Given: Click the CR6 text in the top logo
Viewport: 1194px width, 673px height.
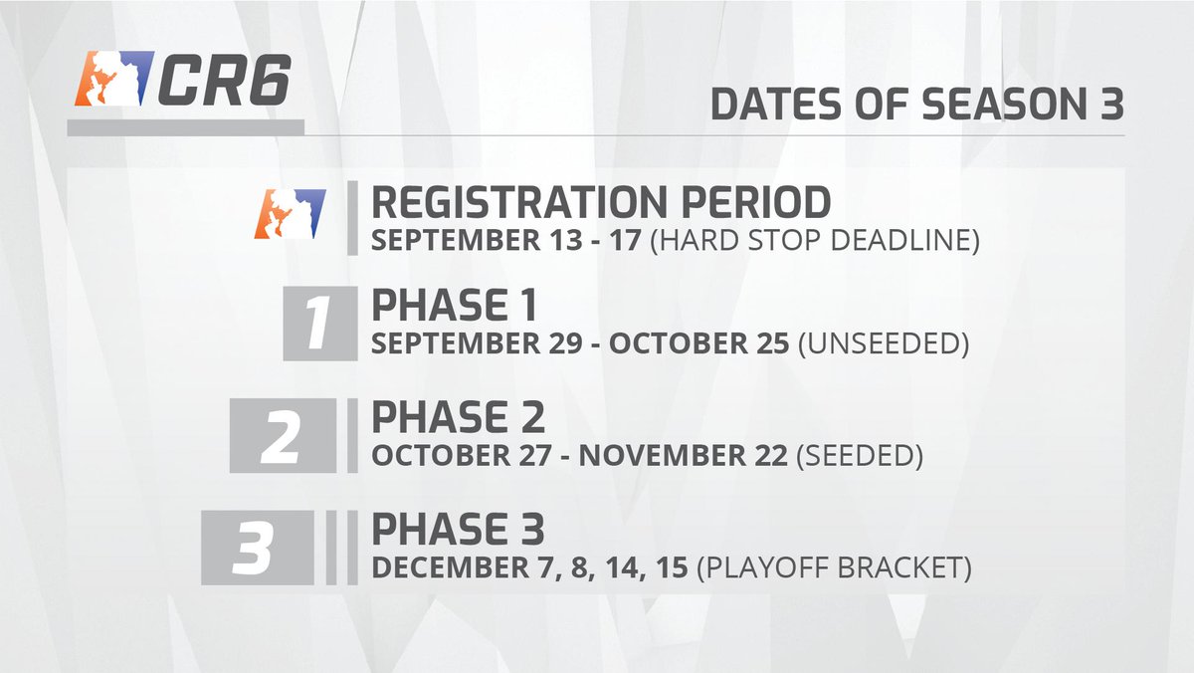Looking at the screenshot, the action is click(x=225, y=80).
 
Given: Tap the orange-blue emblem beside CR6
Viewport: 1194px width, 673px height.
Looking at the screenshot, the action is click(x=114, y=79).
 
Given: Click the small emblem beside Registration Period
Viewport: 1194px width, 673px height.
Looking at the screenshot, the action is click(x=290, y=213).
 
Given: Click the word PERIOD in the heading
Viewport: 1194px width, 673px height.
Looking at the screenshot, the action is click(x=756, y=202).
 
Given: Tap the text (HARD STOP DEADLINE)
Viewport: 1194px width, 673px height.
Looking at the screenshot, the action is click(x=815, y=241).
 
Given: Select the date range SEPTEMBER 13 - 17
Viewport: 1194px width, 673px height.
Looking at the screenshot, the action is click(x=505, y=241).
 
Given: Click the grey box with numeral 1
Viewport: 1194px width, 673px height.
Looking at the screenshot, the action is click(x=320, y=324).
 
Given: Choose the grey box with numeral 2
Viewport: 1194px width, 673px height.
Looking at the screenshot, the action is click(x=283, y=435).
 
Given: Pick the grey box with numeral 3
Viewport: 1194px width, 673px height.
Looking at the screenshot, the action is click(x=258, y=548).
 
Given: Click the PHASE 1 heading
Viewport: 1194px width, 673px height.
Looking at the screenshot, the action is click(x=454, y=305).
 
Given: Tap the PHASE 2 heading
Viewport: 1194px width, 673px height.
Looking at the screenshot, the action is click(x=458, y=417).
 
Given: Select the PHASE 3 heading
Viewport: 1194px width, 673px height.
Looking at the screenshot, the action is click(x=458, y=529).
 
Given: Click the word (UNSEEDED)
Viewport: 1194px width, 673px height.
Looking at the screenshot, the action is click(x=884, y=343).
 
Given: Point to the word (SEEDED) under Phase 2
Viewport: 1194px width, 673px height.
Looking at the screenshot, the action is click(x=860, y=455).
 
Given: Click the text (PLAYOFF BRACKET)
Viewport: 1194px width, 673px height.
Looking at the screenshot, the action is click(x=834, y=567).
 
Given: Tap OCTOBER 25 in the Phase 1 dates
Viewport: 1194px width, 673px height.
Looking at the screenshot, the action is click(x=698, y=343).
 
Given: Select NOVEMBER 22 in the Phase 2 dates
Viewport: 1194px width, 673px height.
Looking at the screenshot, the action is click(x=683, y=455).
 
